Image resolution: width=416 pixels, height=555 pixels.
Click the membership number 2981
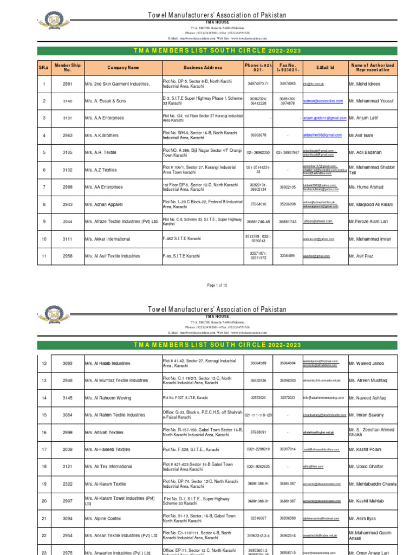pyautogui.click(x=67, y=84)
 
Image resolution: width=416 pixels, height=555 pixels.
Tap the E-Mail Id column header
pyautogui.click(x=325, y=68)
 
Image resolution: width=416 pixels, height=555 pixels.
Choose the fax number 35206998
pyautogui.click(x=287, y=204)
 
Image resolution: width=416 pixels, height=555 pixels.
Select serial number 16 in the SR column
pyautogui.click(x=44, y=432)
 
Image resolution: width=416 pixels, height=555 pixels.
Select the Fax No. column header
pyautogui.click(x=287, y=68)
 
